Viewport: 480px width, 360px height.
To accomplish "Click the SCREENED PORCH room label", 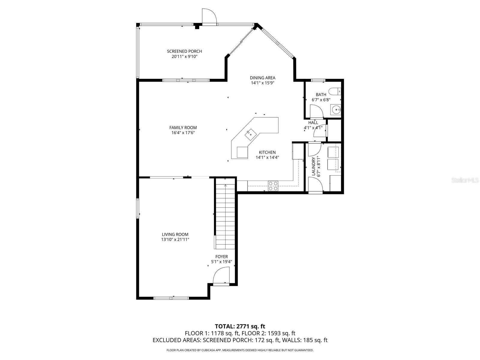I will tap(184, 51).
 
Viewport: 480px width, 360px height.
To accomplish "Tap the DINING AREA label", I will tap(262, 78).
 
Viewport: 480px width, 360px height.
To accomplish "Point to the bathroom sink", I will tap(336, 110).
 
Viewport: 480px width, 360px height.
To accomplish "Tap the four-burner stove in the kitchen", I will tap(273, 186).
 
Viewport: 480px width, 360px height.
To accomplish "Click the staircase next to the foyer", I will tap(225, 216).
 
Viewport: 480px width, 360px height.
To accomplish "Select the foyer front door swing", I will tap(221, 275).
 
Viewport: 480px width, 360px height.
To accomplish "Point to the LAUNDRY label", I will tap(314, 166).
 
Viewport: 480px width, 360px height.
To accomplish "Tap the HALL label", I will tap(313, 123).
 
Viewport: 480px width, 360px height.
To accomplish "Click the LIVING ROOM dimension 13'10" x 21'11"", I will tap(175, 239).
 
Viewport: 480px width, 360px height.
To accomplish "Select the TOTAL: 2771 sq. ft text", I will tap(240, 326).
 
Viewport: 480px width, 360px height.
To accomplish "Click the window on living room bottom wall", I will tap(171, 298).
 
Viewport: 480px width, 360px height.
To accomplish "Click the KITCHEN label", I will tap(267, 152).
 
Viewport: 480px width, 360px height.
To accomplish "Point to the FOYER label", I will tap(221, 257).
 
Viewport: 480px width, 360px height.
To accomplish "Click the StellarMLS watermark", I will tap(466, 180).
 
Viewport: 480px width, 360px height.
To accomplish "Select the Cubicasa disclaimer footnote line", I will tap(240, 350).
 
